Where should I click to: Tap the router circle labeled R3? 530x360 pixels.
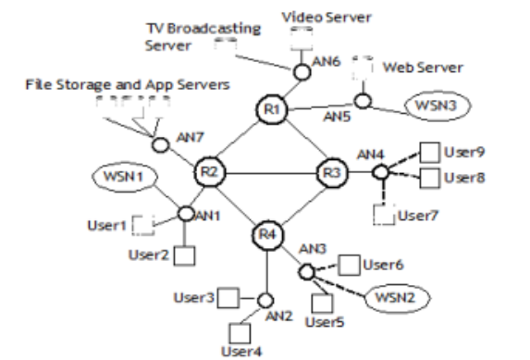(330, 172)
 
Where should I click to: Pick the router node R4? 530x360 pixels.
(267, 233)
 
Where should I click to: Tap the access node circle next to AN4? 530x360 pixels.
(379, 172)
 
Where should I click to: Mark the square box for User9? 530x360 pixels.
(430, 151)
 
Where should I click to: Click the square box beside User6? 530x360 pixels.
(349, 264)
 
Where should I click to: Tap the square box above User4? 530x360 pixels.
(237, 331)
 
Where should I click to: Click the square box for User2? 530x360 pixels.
(183, 254)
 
